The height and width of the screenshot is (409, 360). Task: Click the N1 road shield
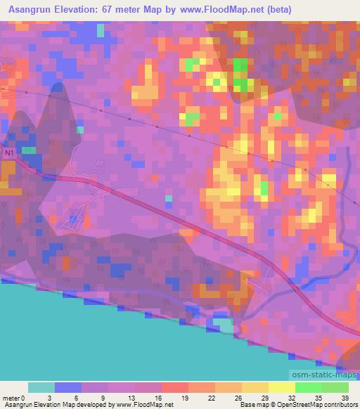(x=9, y=152)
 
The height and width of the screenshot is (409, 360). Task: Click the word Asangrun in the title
(x=29, y=10)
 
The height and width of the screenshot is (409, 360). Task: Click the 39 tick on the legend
(x=345, y=396)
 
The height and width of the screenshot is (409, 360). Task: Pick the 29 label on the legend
(x=266, y=396)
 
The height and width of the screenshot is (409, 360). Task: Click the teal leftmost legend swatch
(x=41, y=387)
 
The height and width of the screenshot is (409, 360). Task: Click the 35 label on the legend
(x=319, y=396)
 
